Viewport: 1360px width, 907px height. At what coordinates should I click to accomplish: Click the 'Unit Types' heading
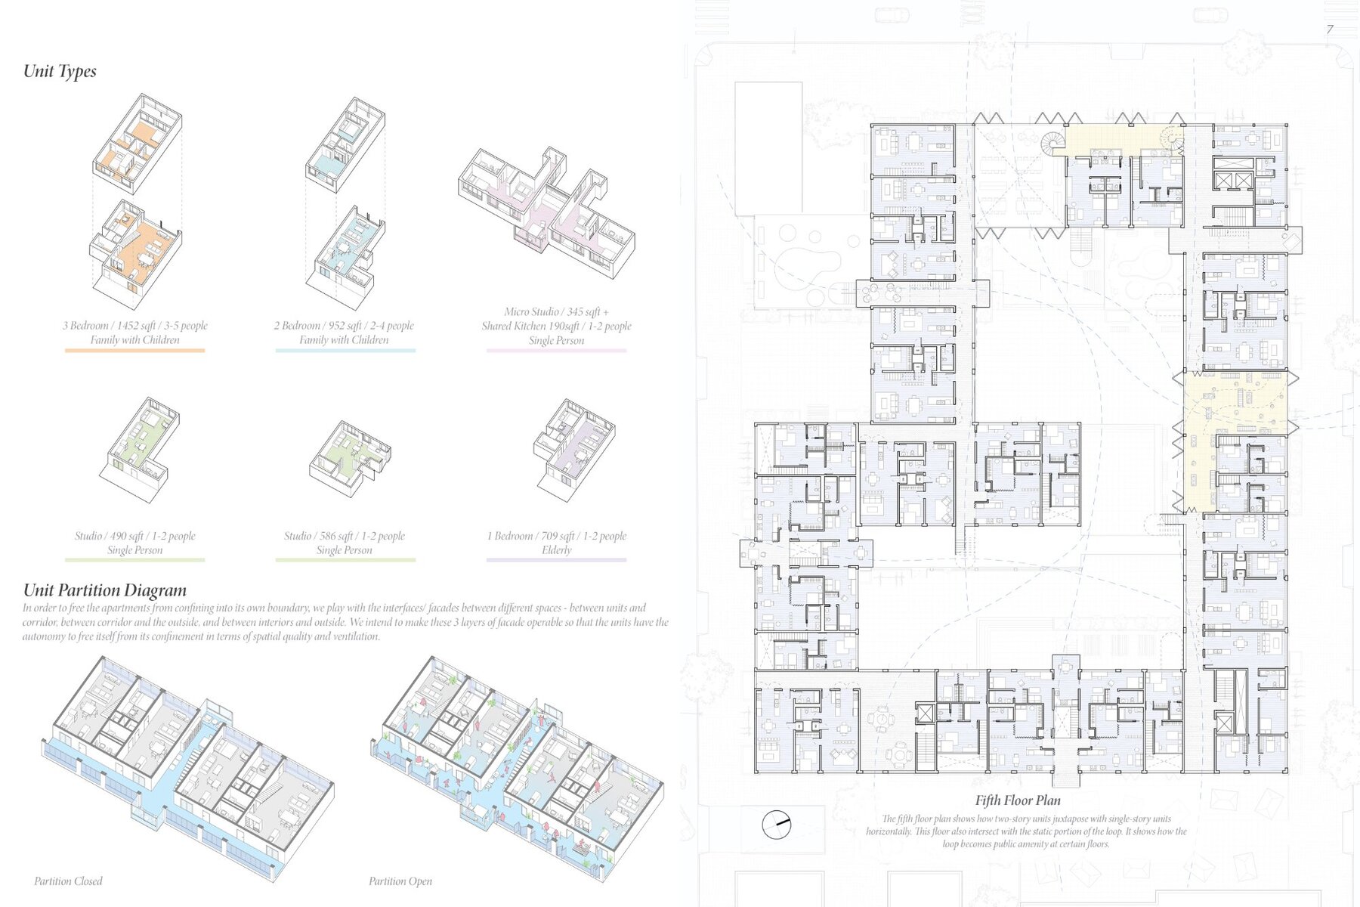click(60, 71)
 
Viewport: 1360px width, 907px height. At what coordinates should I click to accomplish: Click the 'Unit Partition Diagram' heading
click(105, 590)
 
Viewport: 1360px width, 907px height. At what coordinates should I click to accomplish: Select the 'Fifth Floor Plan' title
click(1018, 800)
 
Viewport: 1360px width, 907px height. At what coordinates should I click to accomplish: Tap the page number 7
click(1330, 29)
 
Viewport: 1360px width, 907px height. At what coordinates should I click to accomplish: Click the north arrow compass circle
click(776, 824)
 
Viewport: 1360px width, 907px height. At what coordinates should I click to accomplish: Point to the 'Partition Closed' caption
click(68, 881)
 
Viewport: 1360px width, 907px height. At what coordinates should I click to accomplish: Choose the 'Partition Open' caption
click(400, 881)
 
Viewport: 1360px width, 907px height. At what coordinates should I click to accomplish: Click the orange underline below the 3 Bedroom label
click(134, 350)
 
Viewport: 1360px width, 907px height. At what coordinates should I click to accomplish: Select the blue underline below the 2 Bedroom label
click(345, 350)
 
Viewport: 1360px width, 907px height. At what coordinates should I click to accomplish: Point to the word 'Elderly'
click(557, 550)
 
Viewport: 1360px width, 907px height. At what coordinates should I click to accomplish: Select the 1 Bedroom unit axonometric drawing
click(574, 450)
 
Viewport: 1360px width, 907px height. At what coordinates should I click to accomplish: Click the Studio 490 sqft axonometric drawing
click(140, 450)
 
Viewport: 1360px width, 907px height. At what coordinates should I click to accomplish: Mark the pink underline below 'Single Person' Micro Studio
click(557, 350)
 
